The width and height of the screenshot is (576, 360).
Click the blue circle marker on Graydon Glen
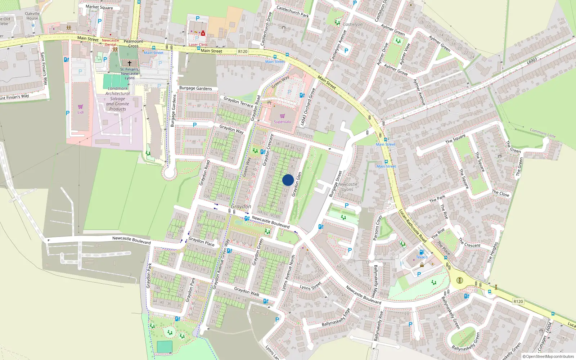(288, 180)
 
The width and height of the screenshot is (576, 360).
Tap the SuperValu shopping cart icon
(283, 116)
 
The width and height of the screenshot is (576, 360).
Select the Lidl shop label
(80, 112)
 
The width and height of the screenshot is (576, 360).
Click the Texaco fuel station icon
(422, 252)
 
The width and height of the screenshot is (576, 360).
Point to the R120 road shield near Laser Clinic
(243, 51)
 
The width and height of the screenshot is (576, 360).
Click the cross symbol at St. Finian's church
(130, 63)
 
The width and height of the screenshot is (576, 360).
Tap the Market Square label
(99, 7)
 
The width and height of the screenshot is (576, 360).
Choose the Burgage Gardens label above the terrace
(195, 88)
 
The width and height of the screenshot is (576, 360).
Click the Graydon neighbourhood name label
(241, 207)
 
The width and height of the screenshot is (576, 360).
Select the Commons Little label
(543, 133)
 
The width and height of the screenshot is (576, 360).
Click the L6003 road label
(532, 62)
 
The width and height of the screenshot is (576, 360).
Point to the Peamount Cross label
(133, 44)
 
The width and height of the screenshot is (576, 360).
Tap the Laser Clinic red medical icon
(203, 33)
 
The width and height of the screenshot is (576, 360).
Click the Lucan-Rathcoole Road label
(413, 226)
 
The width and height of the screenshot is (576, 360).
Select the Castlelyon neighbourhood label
(352, 24)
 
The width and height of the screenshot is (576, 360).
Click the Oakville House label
(32, 16)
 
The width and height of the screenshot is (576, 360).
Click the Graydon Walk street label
(247, 291)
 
